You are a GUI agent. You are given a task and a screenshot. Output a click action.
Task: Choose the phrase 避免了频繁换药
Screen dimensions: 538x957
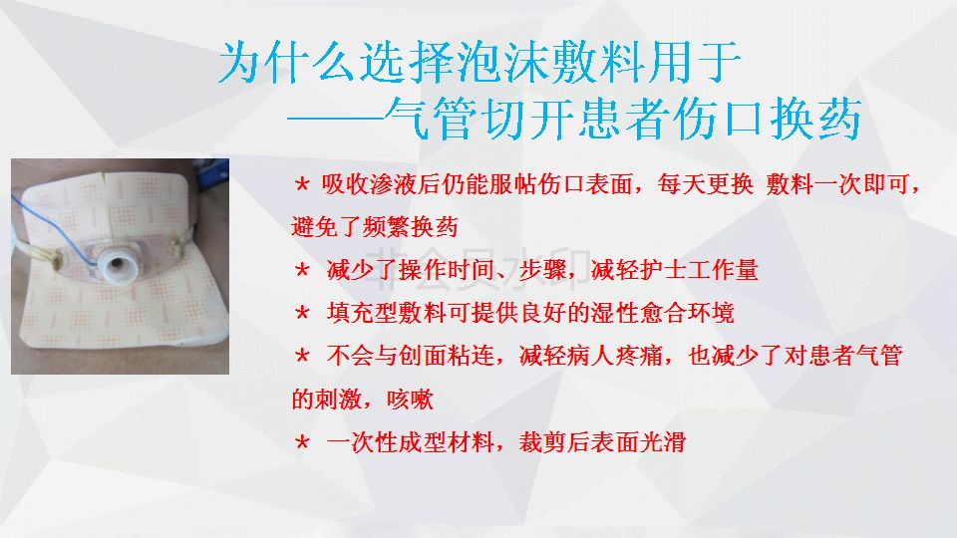[x=375, y=227]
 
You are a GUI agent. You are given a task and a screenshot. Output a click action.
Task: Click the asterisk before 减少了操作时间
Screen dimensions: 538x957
[x=302, y=270]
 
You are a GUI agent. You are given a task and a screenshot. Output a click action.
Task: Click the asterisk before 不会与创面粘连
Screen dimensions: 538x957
[x=302, y=356]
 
